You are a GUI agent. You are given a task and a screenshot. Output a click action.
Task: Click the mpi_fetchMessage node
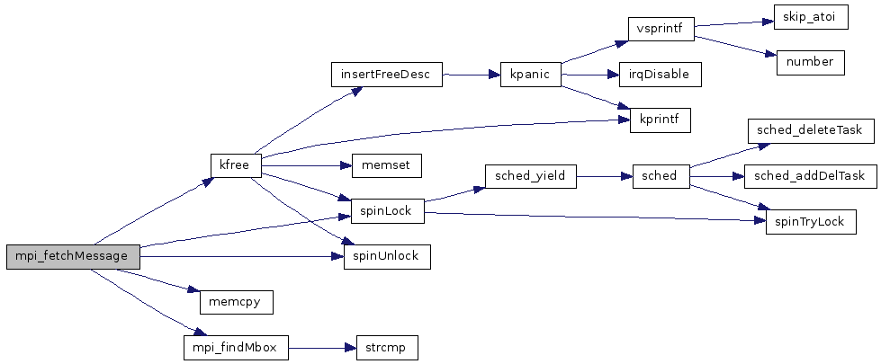click(x=73, y=257)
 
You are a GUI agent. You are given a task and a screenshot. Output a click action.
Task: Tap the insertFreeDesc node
click(x=387, y=74)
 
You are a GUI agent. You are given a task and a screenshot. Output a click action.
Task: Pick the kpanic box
click(x=530, y=74)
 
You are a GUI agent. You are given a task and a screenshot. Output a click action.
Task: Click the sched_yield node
click(x=530, y=175)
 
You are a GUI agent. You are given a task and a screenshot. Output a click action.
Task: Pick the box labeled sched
click(x=661, y=175)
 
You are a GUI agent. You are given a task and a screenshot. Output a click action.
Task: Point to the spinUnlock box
click(x=387, y=257)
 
